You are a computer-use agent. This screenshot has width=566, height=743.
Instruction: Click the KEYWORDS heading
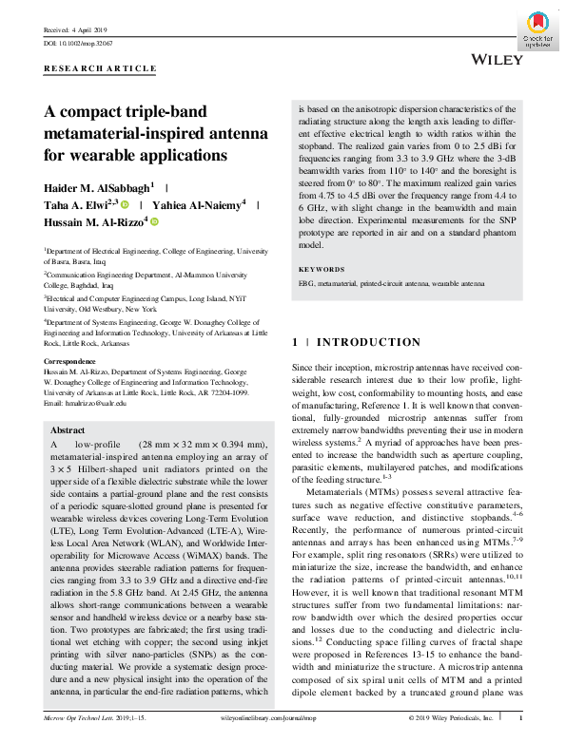tap(322, 269)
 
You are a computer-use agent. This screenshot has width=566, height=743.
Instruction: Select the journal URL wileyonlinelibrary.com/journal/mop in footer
tap(285, 719)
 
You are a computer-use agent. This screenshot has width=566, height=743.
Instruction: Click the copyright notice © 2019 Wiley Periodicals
tap(451, 719)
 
